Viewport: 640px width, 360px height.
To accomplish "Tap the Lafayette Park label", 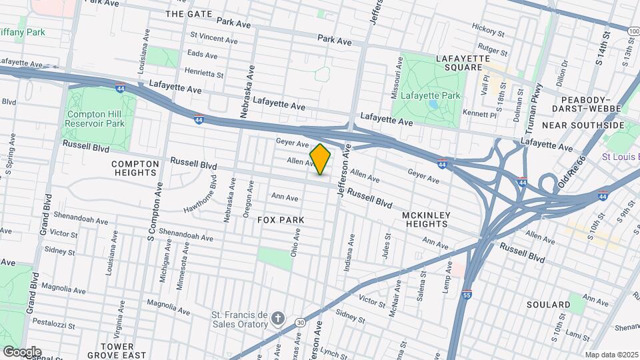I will (434, 95).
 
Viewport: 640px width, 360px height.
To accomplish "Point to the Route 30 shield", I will (301, 323).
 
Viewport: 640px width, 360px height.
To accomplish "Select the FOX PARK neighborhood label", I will (281, 220).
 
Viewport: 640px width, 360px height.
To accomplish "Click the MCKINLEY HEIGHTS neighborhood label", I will (427, 219).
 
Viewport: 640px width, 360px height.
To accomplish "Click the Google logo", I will (21, 351).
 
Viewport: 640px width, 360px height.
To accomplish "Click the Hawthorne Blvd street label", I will (202, 194).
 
